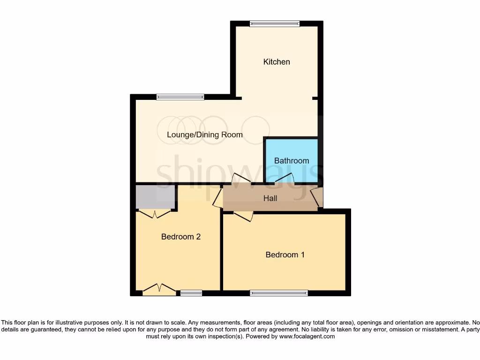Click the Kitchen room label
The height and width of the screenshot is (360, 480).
click(x=277, y=62)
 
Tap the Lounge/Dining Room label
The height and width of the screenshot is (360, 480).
click(x=205, y=135)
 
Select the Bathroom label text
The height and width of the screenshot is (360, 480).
click(x=292, y=161)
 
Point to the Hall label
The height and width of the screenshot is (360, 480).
click(x=270, y=198)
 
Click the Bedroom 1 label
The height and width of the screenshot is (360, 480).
click(x=285, y=255)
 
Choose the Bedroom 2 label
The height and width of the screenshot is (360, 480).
click(x=181, y=237)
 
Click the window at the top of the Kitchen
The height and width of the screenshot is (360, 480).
click(x=275, y=23)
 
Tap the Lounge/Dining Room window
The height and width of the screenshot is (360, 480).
click(x=180, y=97)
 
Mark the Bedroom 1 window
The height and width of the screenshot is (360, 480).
click(x=279, y=293)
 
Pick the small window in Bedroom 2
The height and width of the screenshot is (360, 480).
click(x=191, y=293)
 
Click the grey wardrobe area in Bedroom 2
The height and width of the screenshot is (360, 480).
click(x=155, y=197)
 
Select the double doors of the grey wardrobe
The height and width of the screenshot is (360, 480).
click(x=155, y=214)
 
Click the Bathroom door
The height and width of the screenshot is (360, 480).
click(x=285, y=179)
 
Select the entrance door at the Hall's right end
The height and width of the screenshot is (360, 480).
click(x=317, y=197)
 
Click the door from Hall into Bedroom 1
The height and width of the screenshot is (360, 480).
click(x=243, y=216)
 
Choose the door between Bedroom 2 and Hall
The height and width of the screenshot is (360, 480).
click(x=218, y=198)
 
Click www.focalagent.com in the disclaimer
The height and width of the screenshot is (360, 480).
click(x=307, y=336)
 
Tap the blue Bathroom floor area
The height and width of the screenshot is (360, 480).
click(x=292, y=150)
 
